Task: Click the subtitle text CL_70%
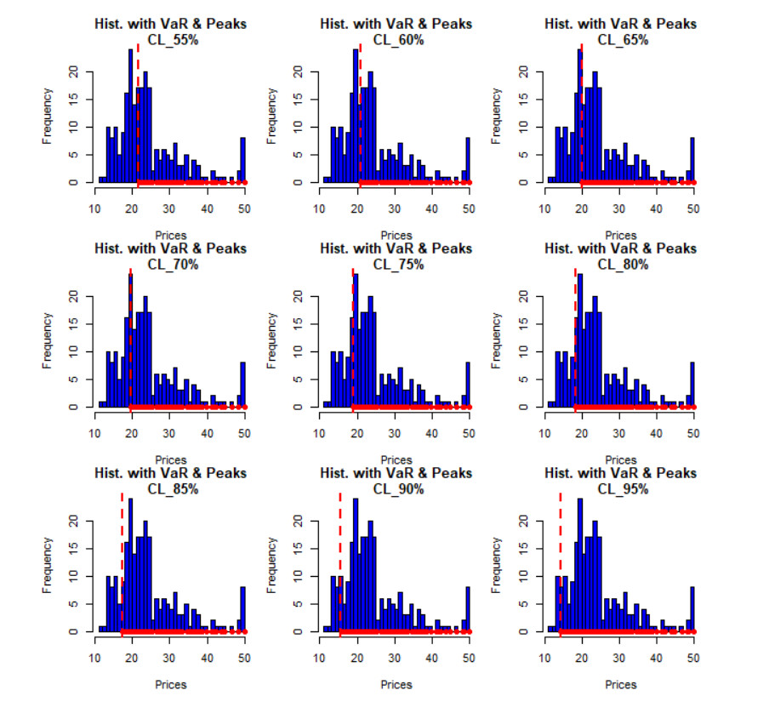click(x=173, y=265)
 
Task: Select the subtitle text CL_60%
click(x=397, y=40)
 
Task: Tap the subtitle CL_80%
click(x=622, y=265)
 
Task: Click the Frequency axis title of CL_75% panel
click(x=273, y=339)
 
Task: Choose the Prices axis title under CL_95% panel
click(x=621, y=684)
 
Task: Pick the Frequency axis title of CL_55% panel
click(x=48, y=114)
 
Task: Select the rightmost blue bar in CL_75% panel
click(x=468, y=385)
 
